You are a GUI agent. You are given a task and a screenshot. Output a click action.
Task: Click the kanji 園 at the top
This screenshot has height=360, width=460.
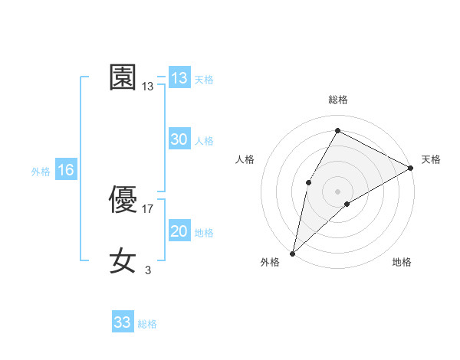(123, 77)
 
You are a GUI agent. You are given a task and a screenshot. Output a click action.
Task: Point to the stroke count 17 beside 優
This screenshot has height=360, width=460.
(149, 208)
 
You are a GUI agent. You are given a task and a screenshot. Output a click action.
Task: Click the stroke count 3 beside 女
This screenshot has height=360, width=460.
(148, 270)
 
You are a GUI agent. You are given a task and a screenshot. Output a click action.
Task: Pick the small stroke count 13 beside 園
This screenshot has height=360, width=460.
(148, 87)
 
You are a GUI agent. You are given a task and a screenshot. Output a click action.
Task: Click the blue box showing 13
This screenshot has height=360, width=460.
(179, 78)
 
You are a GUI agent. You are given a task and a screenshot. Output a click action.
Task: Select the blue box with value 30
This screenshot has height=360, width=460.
(179, 139)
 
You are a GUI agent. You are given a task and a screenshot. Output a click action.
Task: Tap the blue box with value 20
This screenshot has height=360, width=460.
(179, 231)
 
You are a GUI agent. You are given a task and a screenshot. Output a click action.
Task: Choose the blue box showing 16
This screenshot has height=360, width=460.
(66, 170)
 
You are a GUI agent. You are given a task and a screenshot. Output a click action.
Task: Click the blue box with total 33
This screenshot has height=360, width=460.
(123, 322)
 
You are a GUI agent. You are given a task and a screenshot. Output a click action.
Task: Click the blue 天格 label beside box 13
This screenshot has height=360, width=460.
(204, 80)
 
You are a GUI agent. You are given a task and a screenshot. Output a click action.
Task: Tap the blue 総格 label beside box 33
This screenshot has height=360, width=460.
(147, 324)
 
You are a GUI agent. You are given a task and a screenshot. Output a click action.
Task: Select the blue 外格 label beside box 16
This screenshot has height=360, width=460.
(41, 172)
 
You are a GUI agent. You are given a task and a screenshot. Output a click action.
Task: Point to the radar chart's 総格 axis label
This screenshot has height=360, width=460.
(338, 100)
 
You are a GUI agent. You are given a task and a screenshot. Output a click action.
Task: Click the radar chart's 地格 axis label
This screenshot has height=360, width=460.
(402, 263)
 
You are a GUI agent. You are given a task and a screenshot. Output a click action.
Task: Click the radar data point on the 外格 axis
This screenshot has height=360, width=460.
(292, 254)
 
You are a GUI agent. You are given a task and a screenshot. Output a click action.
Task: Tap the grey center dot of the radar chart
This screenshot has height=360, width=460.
(337, 191)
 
